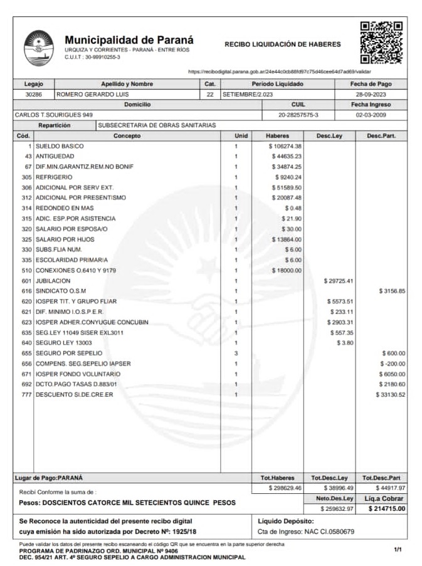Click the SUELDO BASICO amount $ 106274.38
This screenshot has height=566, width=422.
[x=285, y=146]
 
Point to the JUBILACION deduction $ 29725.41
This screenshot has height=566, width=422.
[x=338, y=280]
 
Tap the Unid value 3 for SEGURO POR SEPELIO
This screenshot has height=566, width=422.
[x=236, y=353]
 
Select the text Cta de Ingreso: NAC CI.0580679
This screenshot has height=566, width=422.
[x=307, y=532]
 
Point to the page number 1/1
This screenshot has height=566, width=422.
[x=398, y=550]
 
